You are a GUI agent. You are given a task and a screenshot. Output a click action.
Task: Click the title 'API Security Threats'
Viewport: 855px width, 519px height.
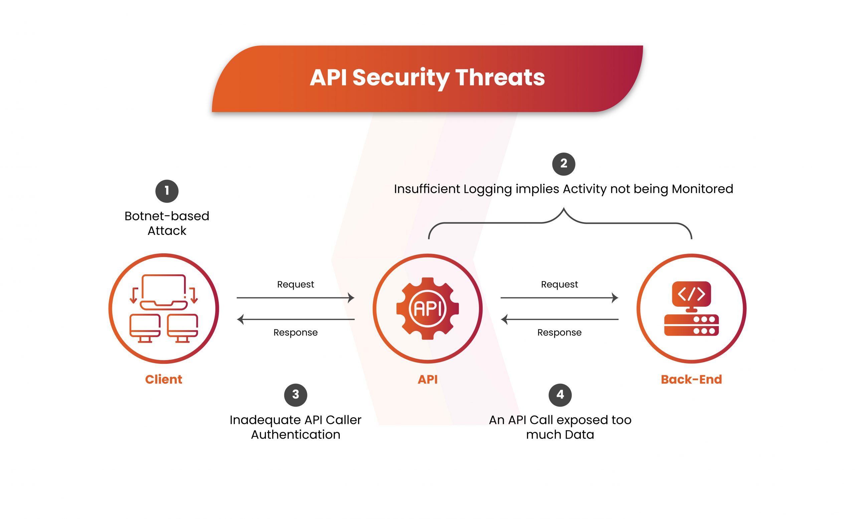(x=427, y=78)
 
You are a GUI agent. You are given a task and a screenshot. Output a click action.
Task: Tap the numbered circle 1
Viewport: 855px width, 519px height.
(x=167, y=191)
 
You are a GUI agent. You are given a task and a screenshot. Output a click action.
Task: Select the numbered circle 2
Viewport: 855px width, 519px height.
(x=563, y=164)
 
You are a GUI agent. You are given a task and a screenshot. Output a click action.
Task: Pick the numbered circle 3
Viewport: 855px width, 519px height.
(x=296, y=395)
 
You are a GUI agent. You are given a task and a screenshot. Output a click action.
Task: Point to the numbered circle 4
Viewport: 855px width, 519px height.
(x=560, y=395)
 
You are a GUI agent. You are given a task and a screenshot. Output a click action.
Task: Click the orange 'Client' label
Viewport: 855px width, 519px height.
(x=163, y=379)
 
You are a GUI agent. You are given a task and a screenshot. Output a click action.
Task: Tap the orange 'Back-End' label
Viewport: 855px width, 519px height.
(x=691, y=379)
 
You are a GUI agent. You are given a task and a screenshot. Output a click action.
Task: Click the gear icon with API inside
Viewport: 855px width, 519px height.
(x=427, y=308)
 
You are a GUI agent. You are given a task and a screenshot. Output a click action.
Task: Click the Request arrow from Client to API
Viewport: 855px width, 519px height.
(x=295, y=297)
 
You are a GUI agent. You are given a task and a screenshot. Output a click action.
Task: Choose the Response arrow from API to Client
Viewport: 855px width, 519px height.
(x=295, y=319)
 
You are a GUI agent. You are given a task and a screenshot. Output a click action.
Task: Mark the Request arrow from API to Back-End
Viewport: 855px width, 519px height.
(x=559, y=297)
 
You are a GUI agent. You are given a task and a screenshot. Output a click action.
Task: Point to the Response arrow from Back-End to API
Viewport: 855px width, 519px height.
(x=559, y=319)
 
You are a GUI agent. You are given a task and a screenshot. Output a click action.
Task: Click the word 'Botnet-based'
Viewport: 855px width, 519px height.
(x=167, y=216)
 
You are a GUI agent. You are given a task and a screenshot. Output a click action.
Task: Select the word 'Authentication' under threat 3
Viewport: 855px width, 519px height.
(x=296, y=435)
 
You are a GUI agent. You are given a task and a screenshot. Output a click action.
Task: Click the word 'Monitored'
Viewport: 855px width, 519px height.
(x=702, y=189)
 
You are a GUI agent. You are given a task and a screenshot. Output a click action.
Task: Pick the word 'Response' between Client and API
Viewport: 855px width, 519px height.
(x=295, y=332)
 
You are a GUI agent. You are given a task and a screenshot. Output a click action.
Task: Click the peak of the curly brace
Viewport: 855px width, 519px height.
(x=563, y=209)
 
